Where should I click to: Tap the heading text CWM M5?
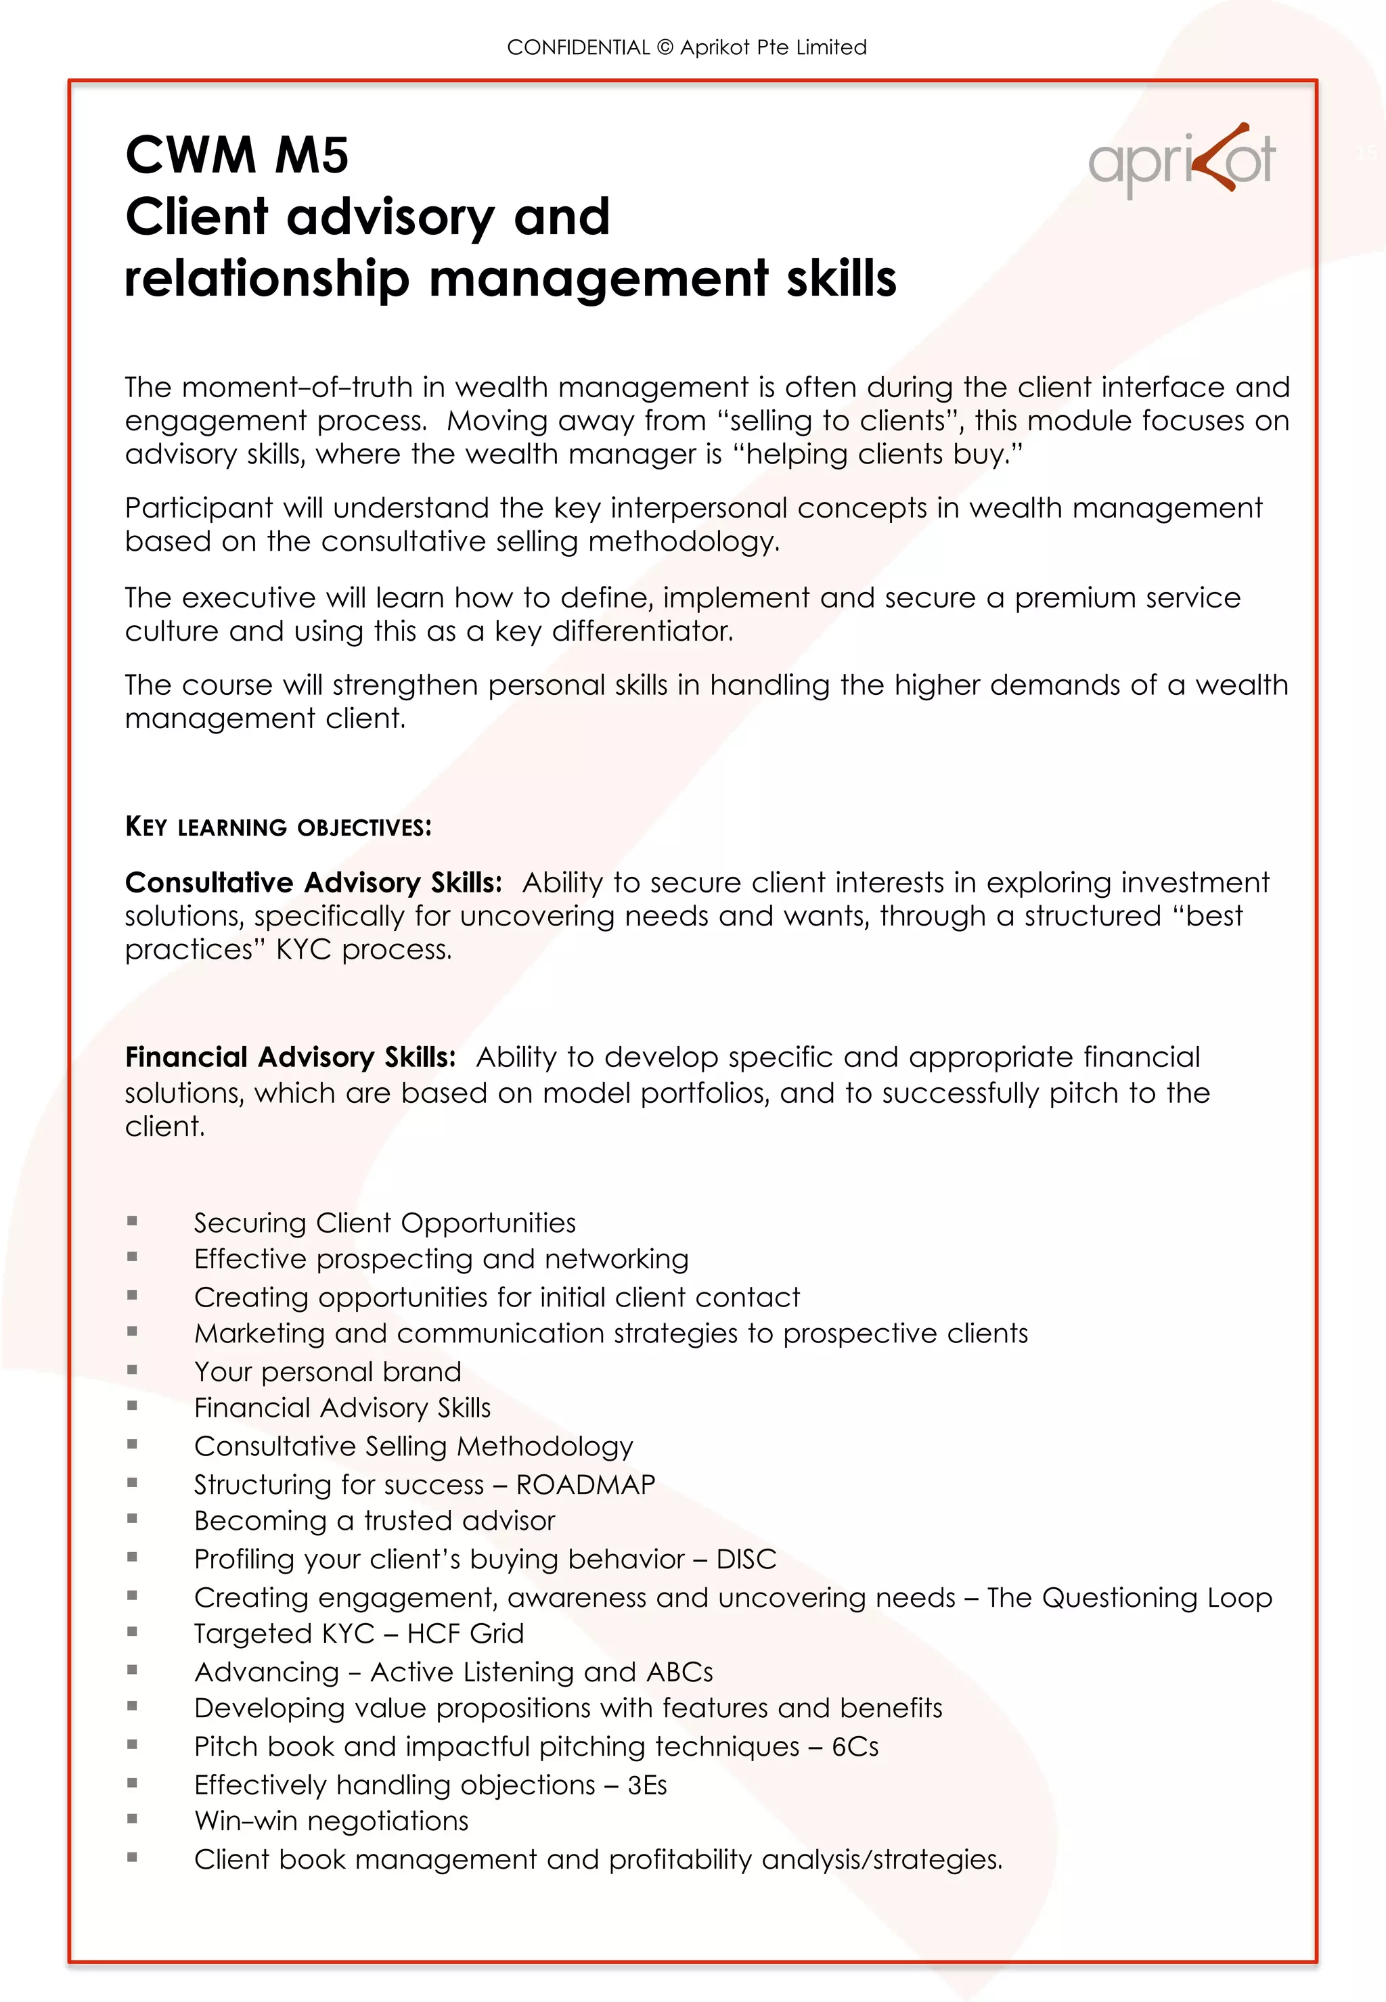pos(236,156)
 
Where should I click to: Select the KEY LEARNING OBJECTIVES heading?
pos(278,827)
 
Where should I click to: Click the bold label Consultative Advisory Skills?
pos(313,883)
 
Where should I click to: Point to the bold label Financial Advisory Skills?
pos(290,1057)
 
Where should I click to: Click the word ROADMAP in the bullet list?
pos(585,1484)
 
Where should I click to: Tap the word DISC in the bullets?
pos(745,1560)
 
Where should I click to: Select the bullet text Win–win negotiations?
pos(331,1821)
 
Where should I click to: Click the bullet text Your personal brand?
pos(328,1371)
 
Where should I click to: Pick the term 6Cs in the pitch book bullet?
pos(855,1747)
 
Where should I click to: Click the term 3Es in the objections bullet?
pos(647,1785)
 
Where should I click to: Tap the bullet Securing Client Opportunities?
pos(384,1223)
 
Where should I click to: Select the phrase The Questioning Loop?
pos(1129,1597)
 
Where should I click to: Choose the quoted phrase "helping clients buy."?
pos(879,454)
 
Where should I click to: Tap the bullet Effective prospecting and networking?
pos(441,1259)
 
